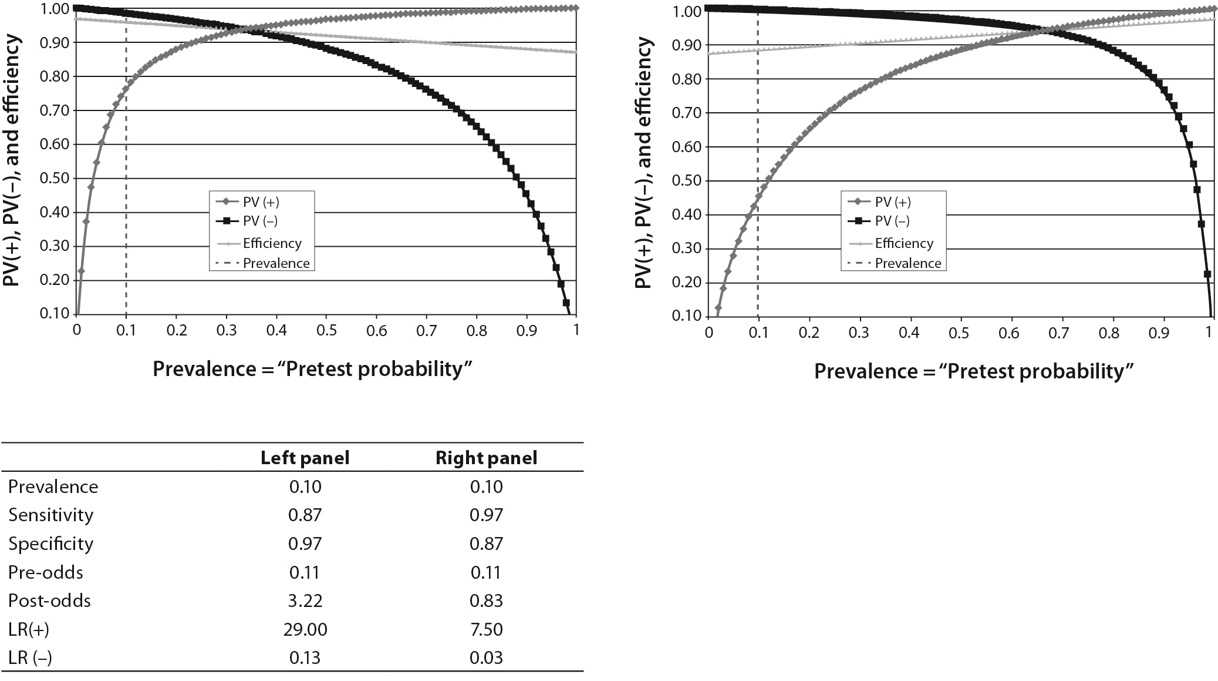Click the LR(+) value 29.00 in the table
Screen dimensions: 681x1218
click(x=305, y=629)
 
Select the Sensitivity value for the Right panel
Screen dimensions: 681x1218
click(x=486, y=515)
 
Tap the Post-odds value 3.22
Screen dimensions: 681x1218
click(x=305, y=601)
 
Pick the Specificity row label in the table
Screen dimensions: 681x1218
click(x=51, y=544)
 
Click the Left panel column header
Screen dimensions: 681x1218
click(x=305, y=458)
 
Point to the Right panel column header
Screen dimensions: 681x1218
click(x=486, y=458)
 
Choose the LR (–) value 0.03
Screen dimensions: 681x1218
click(x=486, y=657)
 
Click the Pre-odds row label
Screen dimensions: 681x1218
click(x=46, y=572)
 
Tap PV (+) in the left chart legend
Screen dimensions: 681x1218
click(x=262, y=202)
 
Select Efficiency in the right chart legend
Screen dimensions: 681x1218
click(x=904, y=243)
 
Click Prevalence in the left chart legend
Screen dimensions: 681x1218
click(x=276, y=263)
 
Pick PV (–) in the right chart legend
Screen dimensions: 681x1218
click(x=892, y=221)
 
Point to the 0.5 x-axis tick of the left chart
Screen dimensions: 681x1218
click(x=326, y=330)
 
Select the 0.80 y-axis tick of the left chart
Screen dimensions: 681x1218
click(x=54, y=76)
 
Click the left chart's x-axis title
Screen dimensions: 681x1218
click(x=313, y=369)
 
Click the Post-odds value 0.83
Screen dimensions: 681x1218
click(x=486, y=601)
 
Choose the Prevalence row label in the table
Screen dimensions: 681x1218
click(x=53, y=487)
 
